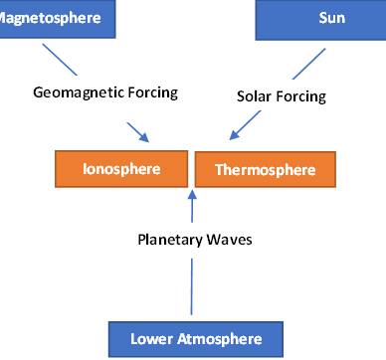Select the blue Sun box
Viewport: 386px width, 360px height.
(x=320, y=17)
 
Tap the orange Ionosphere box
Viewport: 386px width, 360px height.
(x=121, y=168)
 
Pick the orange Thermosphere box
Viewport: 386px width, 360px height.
(x=265, y=169)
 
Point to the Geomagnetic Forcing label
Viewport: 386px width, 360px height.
(x=105, y=92)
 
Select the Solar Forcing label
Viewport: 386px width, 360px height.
(x=282, y=97)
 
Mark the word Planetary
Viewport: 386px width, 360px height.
(x=169, y=239)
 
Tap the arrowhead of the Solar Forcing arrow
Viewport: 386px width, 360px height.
(x=235, y=137)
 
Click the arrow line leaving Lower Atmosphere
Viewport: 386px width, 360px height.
(x=192, y=293)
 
